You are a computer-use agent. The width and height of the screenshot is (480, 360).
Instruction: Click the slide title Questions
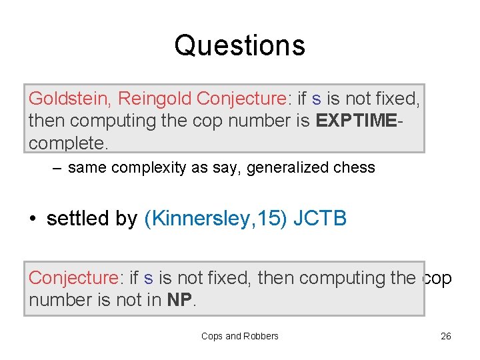click(239, 45)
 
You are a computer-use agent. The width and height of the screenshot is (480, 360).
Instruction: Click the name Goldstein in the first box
click(70, 99)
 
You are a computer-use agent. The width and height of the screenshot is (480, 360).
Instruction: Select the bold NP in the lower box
click(180, 300)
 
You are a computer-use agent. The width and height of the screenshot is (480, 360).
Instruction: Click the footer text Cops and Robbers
click(239, 336)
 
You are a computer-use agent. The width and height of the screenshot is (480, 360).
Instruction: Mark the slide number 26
click(446, 336)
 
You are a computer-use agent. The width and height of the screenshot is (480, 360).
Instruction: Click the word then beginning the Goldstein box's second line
click(46, 121)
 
